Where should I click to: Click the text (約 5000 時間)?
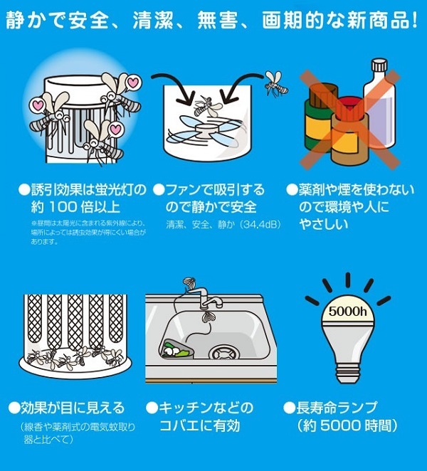[x=346, y=425]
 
